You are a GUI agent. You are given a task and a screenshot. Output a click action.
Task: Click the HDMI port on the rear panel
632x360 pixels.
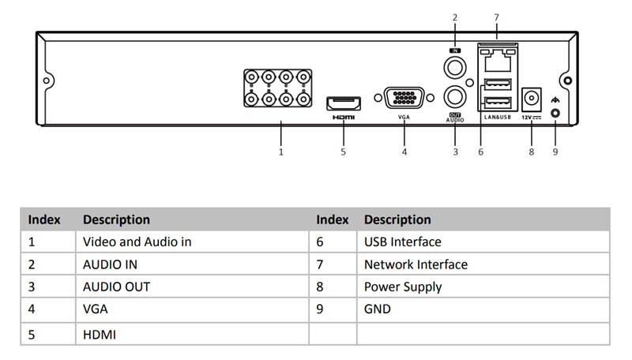pyautogui.click(x=344, y=102)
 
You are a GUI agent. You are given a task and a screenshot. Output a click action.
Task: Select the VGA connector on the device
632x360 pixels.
pyautogui.click(x=404, y=99)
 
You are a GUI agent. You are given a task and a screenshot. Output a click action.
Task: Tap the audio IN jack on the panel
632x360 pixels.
pyautogui.click(x=455, y=66)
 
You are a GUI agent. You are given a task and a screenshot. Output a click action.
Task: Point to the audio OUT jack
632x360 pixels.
pyautogui.click(x=455, y=98)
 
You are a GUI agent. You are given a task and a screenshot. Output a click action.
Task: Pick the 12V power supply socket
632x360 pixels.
pyautogui.click(x=532, y=100)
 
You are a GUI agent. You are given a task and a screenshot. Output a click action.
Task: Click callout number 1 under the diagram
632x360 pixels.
pyautogui.click(x=280, y=152)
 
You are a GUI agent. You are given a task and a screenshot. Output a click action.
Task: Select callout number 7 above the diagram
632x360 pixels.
pyautogui.click(x=495, y=17)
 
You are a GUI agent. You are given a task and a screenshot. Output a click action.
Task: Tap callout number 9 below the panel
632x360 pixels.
pyautogui.click(x=555, y=152)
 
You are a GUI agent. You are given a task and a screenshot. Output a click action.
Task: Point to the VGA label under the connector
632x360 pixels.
pyautogui.click(x=404, y=117)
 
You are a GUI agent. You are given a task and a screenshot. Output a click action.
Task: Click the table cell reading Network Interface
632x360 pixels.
pyautogui.click(x=416, y=264)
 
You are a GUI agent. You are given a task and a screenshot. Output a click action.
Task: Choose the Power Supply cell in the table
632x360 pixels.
pyautogui.click(x=402, y=287)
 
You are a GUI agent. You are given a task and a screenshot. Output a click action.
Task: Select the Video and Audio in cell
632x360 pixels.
pyautogui.click(x=137, y=242)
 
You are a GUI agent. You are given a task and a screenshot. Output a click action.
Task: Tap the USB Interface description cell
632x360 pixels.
pyautogui.click(x=402, y=242)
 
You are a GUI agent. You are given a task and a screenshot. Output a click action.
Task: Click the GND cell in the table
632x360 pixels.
pyautogui.click(x=377, y=309)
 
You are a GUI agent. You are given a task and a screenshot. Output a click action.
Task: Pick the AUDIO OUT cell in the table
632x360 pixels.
pyautogui.click(x=116, y=287)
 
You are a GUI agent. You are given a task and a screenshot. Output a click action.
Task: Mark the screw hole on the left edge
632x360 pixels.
pyautogui.click(x=47, y=81)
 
